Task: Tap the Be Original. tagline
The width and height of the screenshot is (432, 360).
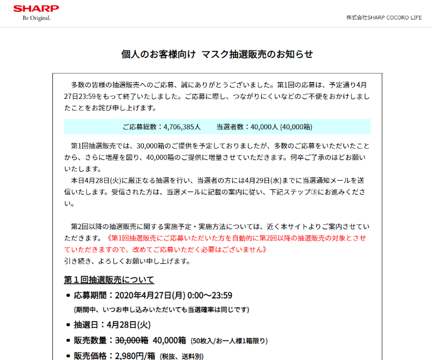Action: [37, 18]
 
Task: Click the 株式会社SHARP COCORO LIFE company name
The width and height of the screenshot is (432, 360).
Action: [384, 17]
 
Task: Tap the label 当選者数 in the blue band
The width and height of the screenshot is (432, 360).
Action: [231, 127]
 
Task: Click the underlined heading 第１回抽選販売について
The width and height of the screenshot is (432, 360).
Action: [109, 279]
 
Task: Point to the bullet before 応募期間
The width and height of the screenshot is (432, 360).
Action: [68, 296]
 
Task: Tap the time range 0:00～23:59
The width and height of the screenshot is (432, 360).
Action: [210, 295]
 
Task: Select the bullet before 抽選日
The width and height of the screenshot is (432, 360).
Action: [68, 325]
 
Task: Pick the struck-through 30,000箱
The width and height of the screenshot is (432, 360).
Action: [131, 340]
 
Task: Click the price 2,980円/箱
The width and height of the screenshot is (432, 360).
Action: [136, 356]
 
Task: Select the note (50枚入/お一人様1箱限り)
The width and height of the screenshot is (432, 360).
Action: [230, 341]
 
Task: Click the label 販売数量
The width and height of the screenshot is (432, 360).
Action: [91, 340]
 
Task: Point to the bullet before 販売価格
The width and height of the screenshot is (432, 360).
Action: [68, 356]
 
